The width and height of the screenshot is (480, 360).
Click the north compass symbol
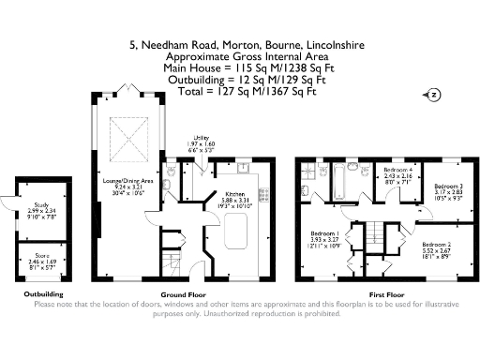(x=433, y=94)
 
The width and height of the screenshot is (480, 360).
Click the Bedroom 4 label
(x=397, y=173)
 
